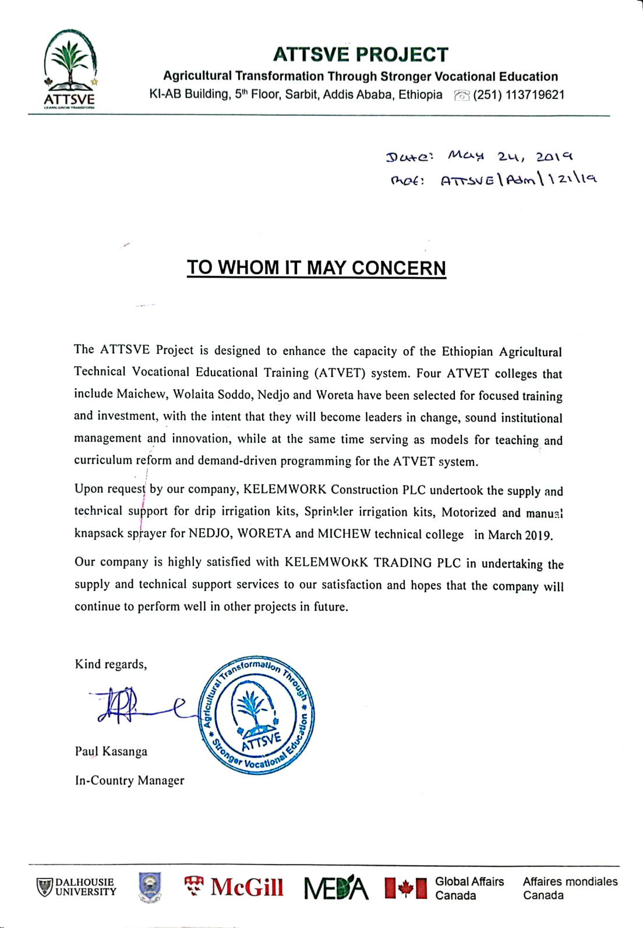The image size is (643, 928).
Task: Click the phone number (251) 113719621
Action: pos(518,95)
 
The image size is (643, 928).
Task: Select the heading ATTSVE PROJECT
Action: pos(361,55)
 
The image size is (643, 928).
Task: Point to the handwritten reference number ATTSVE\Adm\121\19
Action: pos(518,180)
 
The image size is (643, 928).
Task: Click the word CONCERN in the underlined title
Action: pos(398,268)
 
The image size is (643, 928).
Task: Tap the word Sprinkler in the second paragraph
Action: pos(328,512)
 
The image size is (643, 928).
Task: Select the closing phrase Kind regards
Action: pos(111,664)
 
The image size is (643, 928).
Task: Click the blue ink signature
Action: pos(134,706)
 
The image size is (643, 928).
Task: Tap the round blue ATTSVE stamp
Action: pos(256,717)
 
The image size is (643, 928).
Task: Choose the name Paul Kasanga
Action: pos(111,752)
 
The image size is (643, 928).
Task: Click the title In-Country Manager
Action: pos(129,781)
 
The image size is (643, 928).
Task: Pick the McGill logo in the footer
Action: pos(234,887)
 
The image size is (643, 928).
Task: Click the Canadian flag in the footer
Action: pos(406,888)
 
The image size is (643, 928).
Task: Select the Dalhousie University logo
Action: pos(76,887)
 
